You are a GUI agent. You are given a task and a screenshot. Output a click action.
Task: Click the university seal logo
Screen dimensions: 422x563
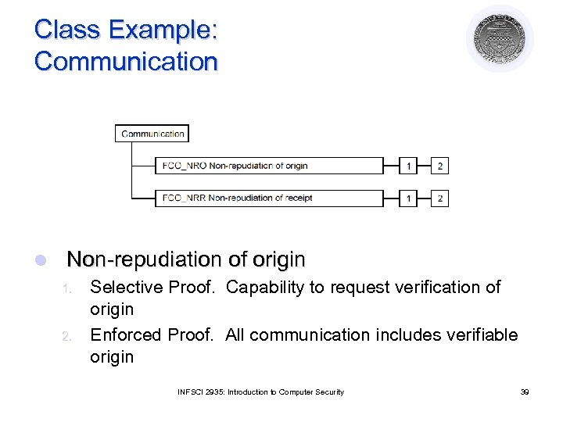click(500, 39)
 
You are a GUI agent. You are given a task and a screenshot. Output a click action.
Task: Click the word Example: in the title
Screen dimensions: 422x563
click(163, 30)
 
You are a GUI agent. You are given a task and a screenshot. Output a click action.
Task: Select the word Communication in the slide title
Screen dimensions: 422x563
click(125, 61)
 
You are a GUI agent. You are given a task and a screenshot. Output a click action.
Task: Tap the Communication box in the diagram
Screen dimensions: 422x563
click(152, 134)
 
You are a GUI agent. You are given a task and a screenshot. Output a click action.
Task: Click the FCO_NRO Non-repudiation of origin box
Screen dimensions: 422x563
click(257, 166)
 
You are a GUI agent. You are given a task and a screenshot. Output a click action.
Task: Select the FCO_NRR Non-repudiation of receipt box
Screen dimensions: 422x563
click(257, 198)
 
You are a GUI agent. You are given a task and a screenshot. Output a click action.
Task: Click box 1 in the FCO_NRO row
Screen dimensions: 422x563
click(408, 166)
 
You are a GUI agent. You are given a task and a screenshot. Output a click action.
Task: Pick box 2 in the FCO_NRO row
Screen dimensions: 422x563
click(439, 166)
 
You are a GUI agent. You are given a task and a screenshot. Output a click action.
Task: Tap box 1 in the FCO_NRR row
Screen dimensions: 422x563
click(408, 198)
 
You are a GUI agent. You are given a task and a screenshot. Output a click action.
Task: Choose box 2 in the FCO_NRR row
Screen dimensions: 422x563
click(439, 198)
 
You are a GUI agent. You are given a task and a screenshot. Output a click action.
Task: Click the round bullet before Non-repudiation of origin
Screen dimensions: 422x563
click(42, 259)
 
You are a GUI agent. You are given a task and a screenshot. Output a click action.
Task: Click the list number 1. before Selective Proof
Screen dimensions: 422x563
click(67, 289)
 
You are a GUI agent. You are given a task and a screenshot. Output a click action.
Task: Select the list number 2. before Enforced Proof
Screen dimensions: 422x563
click(67, 337)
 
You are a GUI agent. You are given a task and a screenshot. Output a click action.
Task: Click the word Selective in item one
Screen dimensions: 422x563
click(121, 288)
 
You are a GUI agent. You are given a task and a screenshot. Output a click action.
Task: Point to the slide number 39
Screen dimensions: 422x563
click(524, 392)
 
